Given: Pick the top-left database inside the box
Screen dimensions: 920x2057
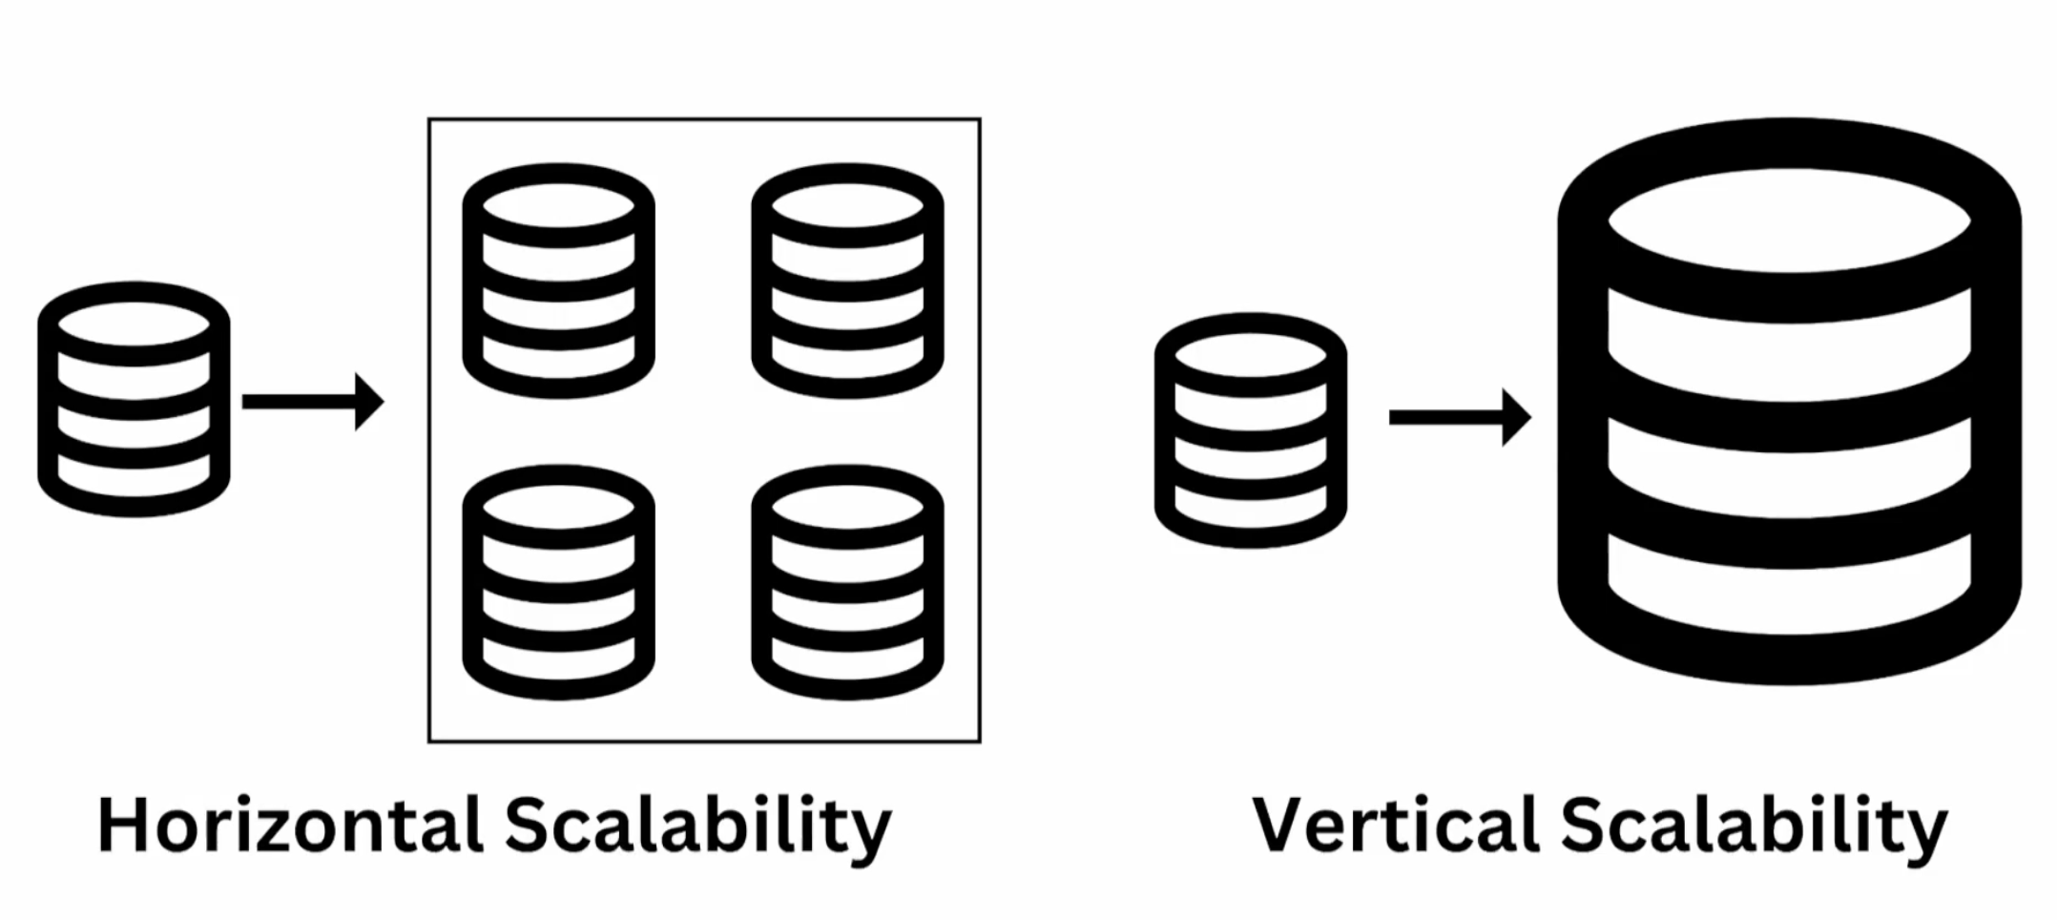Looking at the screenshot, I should pos(558,281).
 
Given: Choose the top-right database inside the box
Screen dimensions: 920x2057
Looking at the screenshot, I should pos(847,281).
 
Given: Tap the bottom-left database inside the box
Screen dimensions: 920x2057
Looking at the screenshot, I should pos(558,582).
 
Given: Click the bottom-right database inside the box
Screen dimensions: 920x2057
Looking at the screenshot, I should pos(847,582).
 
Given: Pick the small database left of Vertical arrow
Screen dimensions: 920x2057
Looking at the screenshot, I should pos(1250,430).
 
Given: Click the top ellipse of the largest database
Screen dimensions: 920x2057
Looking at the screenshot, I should pos(1789,221).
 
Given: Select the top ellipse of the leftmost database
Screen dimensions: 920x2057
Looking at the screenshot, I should pos(134,324).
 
